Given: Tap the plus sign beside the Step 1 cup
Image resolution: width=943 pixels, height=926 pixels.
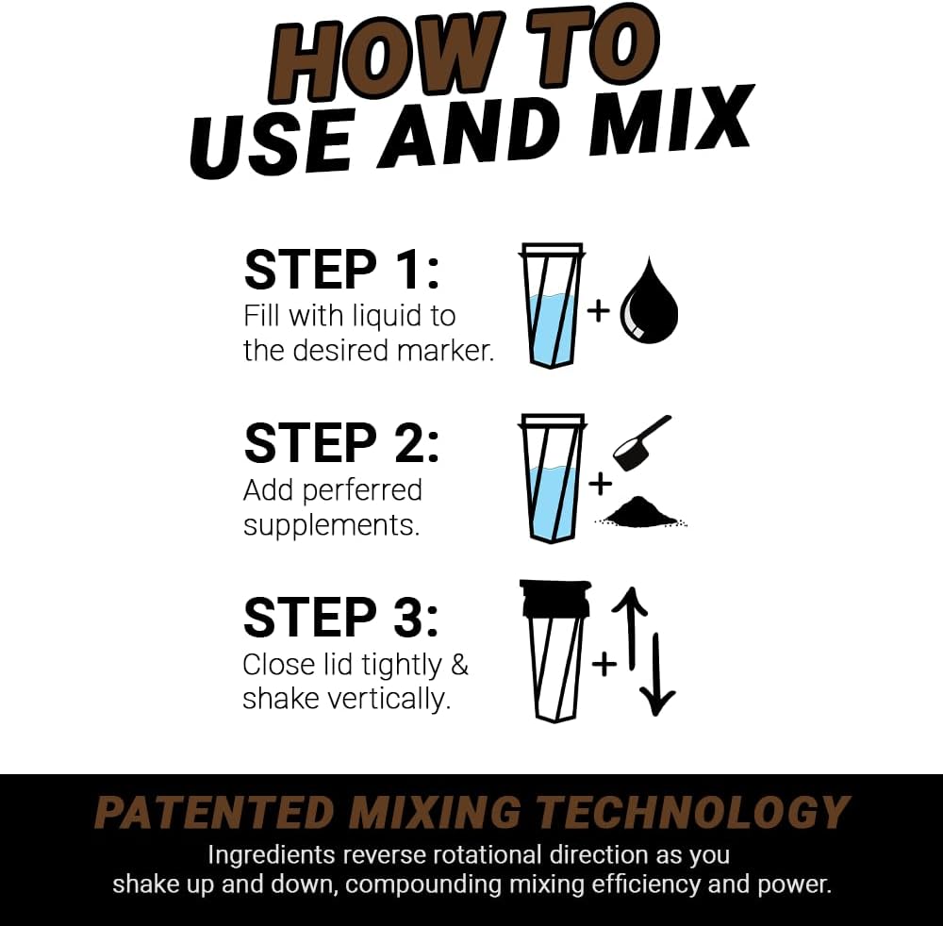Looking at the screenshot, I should (x=599, y=310).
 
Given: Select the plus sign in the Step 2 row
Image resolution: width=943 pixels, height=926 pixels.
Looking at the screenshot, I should (x=599, y=484).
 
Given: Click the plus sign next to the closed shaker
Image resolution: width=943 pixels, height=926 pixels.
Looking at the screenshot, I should (x=604, y=663).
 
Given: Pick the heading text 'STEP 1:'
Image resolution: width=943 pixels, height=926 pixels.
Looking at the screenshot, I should (x=341, y=270).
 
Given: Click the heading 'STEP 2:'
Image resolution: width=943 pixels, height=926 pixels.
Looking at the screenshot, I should (x=341, y=443).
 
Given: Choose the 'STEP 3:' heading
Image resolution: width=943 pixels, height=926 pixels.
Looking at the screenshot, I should (x=341, y=618).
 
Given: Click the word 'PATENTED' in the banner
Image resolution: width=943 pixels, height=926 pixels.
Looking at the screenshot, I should (x=214, y=813).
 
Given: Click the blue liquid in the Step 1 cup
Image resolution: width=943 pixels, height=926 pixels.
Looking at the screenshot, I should (x=551, y=330).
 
